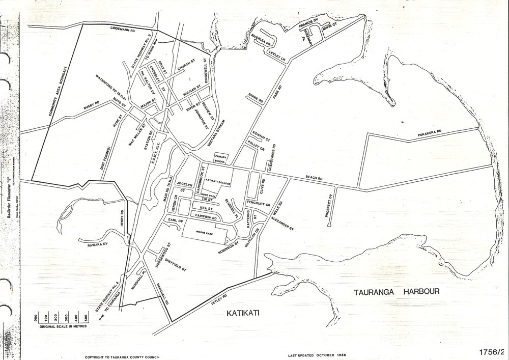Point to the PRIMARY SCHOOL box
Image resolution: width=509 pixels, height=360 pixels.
pos(220,158)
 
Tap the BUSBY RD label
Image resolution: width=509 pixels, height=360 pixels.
pos(90,106)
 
